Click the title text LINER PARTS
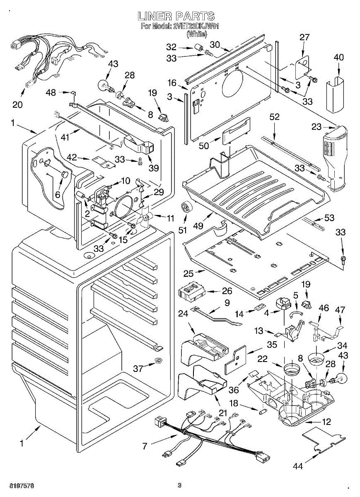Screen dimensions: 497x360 [x=176, y=17]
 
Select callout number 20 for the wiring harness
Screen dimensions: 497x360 [x=17, y=104]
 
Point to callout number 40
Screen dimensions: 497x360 [x=338, y=58]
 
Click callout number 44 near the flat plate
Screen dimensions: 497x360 [x=297, y=466]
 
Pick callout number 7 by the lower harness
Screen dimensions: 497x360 [x=145, y=446]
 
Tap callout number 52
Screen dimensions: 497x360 [x=275, y=117]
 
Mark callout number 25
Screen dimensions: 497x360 [x=188, y=274]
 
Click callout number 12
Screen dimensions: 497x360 [x=326, y=422]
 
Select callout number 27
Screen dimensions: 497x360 [x=304, y=37]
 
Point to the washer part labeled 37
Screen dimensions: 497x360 [x=158, y=359]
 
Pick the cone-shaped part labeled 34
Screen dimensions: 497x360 [x=318, y=358]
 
